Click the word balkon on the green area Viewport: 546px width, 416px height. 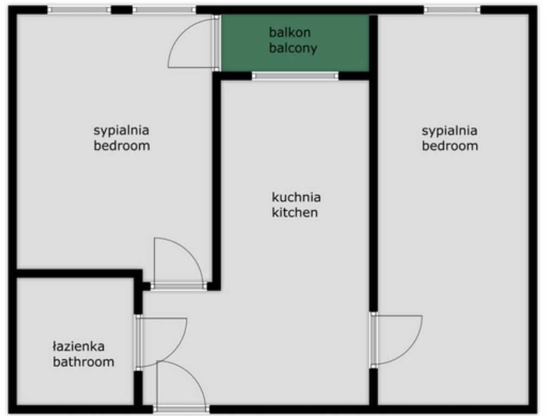290,32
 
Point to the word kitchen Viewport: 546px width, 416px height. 294,212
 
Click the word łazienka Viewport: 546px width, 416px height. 79,346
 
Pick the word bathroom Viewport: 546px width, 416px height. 83,362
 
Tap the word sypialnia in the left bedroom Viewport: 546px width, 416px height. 121,130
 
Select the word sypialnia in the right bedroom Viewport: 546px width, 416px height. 450,130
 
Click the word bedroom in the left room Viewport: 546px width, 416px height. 121,146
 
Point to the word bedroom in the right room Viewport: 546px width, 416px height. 450,146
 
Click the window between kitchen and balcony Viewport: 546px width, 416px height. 295,76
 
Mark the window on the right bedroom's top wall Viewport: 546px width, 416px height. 452,9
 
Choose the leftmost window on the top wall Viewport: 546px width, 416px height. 79,9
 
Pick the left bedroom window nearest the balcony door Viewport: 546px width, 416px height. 164,9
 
